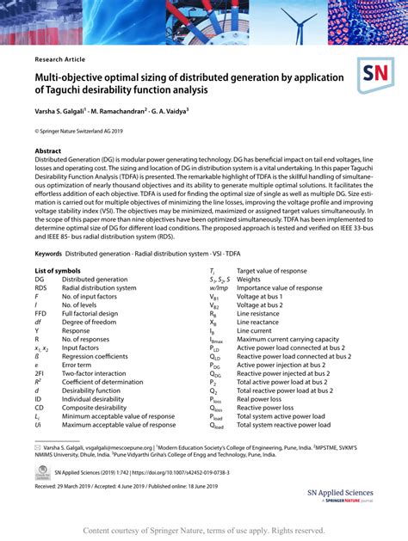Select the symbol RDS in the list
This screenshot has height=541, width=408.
(x=42, y=288)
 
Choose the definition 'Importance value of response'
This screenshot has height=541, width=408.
(x=280, y=288)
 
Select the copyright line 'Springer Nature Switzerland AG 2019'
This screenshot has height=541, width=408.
(x=82, y=132)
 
